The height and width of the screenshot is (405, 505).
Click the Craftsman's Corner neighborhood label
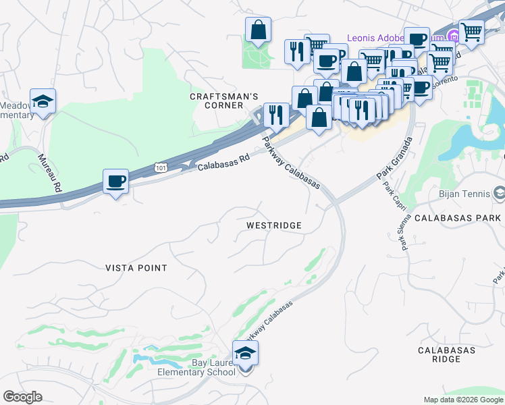pyautogui.click(x=223, y=101)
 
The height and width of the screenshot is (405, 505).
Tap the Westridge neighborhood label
pyautogui.click(x=273, y=225)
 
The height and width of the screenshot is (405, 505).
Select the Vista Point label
pyautogui.click(x=136, y=268)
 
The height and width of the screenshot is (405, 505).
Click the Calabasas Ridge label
pyautogui.click(x=446, y=354)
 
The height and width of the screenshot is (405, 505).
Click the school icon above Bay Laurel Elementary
pyautogui.click(x=245, y=353)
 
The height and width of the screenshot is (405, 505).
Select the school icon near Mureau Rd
pyautogui.click(x=43, y=101)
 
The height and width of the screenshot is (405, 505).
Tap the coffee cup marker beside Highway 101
pyautogui.click(x=115, y=182)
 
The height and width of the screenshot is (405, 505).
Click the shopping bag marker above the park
pyautogui.click(x=258, y=30)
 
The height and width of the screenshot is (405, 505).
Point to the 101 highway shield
pyautogui.click(x=160, y=165)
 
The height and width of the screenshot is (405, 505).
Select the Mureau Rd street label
pyautogui.click(x=49, y=172)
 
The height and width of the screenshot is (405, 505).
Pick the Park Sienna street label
pyautogui.click(x=407, y=232)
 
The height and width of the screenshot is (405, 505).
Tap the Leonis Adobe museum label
pyautogui.click(x=380, y=37)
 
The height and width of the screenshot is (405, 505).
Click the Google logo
pyautogui.click(x=22, y=397)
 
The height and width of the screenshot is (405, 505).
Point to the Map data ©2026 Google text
pyautogui.click(x=462, y=400)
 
